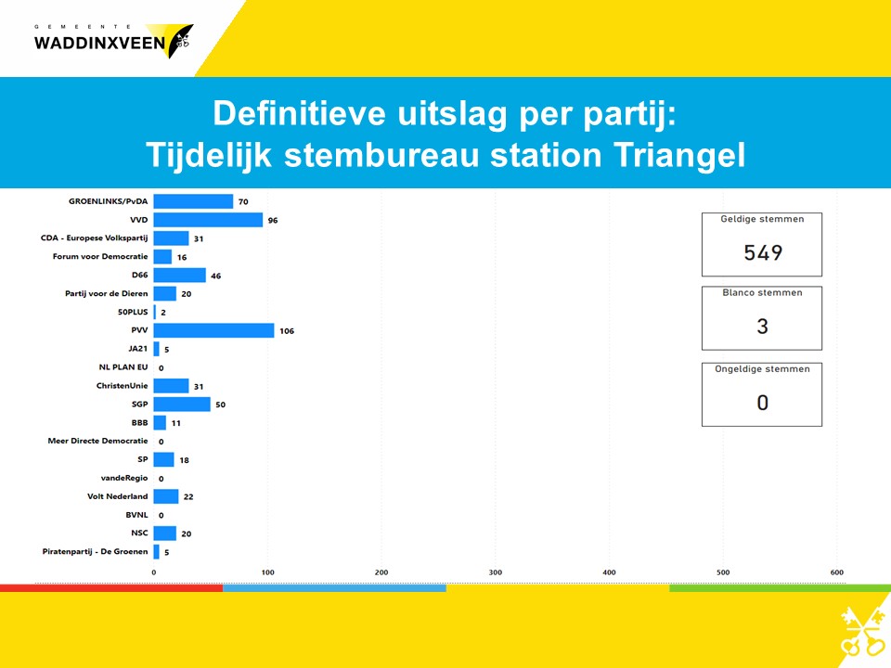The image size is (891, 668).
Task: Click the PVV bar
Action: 213,330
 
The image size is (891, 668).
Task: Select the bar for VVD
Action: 208,220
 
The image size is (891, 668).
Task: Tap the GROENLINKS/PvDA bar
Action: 193,201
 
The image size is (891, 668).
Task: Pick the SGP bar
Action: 182,405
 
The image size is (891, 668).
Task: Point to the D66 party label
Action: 140,275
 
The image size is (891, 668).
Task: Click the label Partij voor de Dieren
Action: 106,294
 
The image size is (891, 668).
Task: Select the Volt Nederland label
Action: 118,496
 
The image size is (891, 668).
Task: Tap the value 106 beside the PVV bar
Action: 287,331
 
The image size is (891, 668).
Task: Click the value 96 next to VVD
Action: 273,221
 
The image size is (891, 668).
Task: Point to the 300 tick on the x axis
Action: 496,572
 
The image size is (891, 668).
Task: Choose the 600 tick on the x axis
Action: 837,572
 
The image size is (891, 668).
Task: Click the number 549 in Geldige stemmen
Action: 763,252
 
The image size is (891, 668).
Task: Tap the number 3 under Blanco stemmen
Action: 763,327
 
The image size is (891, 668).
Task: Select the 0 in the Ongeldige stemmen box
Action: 763,403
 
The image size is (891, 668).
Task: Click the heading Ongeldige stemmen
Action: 763,369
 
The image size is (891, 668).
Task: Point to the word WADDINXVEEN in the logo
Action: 99,44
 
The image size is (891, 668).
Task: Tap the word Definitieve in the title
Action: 299,113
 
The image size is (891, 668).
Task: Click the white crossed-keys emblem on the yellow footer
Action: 862,631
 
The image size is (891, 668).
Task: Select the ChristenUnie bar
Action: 171,386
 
